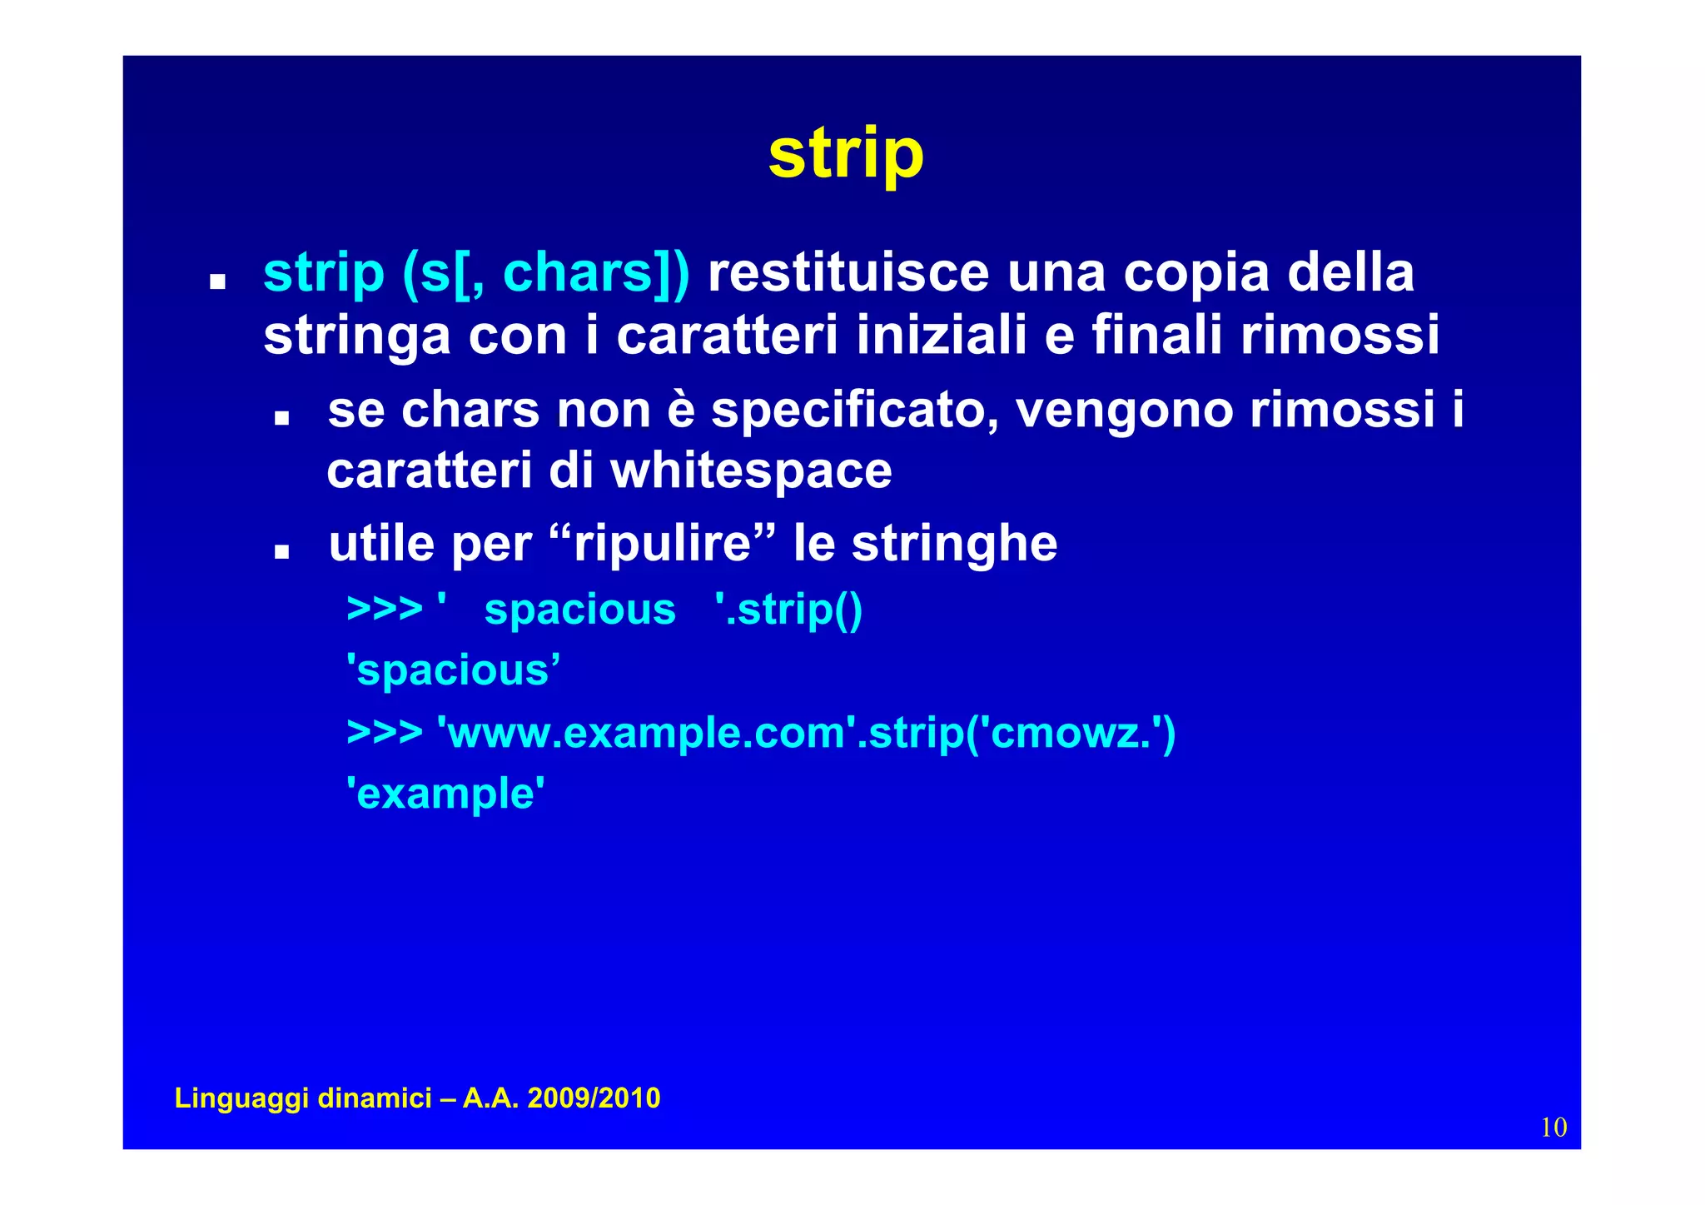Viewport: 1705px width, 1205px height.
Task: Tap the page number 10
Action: [1553, 1128]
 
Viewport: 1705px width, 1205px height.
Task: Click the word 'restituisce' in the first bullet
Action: [848, 273]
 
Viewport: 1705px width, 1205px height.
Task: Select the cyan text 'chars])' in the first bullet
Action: [596, 273]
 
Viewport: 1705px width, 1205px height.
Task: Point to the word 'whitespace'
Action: [751, 471]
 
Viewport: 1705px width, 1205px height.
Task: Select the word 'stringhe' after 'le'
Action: [954, 544]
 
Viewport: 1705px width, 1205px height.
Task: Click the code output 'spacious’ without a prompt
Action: [453, 670]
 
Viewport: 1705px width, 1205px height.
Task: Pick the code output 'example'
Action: [445, 793]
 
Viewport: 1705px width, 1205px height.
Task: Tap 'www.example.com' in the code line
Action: [646, 733]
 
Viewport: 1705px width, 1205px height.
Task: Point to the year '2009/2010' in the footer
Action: [594, 1098]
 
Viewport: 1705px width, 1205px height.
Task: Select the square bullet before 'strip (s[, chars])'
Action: [218, 281]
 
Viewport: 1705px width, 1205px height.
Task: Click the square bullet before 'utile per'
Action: [281, 551]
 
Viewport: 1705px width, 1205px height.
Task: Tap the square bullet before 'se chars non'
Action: [281, 417]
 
